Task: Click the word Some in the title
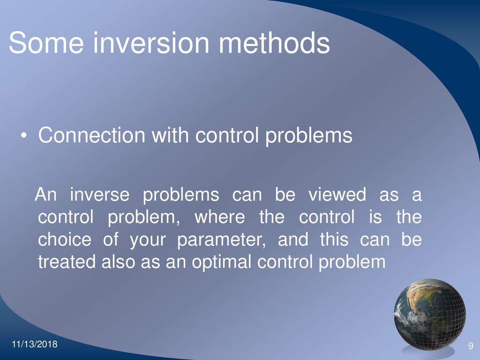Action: (x=46, y=43)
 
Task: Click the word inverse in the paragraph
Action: (x=100, y=195)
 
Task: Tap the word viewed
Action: (x=337, y=195)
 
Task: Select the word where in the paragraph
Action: (x=220, y=217)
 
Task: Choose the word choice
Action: (x=65, y=240)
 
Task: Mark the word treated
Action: (x=67, y=262)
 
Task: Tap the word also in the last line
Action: (x=118, y=262)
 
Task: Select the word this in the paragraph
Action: (x=334, y=240)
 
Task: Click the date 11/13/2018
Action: (x=35, y=344)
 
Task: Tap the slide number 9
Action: (x=471, y=346)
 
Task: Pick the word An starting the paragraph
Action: (x=45, y=195)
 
